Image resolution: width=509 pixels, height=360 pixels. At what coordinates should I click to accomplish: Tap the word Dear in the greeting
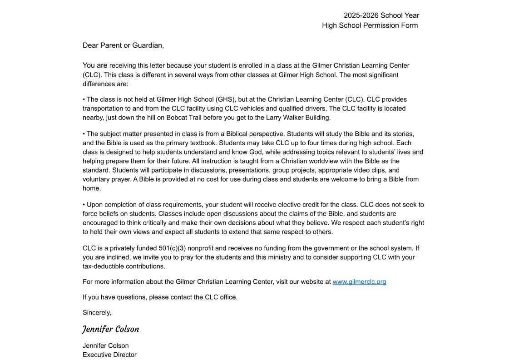point(90,45)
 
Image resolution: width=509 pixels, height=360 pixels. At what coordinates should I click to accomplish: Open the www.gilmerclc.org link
point(359,282)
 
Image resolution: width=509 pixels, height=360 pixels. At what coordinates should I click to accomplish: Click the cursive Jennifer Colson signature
point(111,329)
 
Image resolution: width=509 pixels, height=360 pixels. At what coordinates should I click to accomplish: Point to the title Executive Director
point(109,355)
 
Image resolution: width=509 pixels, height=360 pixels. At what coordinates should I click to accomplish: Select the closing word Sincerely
point(96,313)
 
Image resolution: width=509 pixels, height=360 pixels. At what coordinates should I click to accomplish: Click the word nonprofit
point(200,248)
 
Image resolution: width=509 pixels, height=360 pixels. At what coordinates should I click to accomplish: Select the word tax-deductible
point(104,266)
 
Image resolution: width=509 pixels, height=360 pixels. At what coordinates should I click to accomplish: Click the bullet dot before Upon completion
point(84,205)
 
